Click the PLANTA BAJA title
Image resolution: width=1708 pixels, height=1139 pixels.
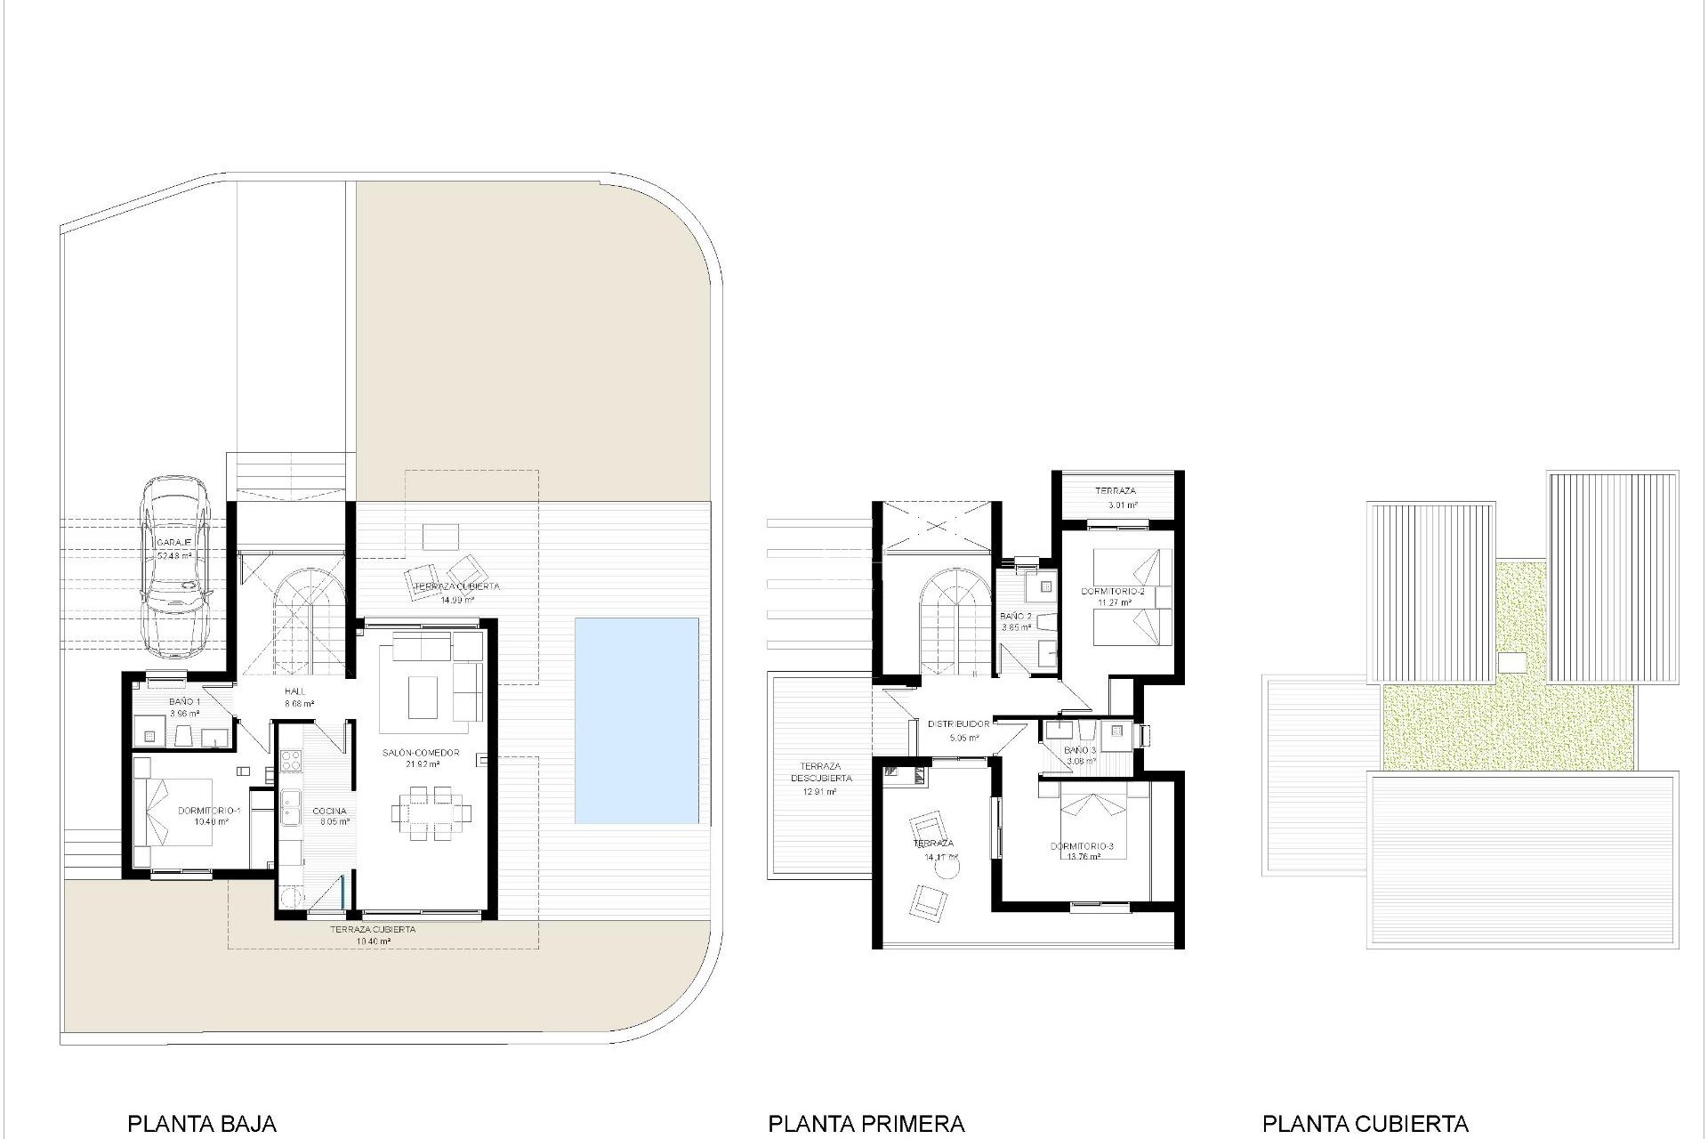coord(202,1124)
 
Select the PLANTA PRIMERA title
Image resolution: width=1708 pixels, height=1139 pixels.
coord(866,1124)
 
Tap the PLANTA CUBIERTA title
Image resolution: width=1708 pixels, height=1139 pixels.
coord(1365,1124)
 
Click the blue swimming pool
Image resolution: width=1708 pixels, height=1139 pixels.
coord(636,721)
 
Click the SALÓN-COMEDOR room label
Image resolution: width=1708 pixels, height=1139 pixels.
coord(421,753)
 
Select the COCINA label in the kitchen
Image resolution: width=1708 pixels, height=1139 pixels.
coord(329,811)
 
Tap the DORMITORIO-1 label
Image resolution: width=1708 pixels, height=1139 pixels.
coord(210,811)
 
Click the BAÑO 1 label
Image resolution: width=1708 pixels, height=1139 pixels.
coord(184,702)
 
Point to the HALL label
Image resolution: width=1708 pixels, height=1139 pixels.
coord(295,691)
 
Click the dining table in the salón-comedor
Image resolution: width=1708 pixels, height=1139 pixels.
coord(431,812)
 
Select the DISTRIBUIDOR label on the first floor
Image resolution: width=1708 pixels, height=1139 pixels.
coord(958,724)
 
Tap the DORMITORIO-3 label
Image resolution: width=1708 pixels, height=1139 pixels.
coord(1081,846)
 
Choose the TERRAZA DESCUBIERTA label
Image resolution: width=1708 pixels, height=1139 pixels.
coord(820,772)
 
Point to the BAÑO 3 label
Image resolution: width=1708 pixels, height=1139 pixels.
coord(1080,750)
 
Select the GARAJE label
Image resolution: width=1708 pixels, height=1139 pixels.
coord(174,543)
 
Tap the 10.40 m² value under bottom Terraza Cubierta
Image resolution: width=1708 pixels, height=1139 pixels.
coord(372,941)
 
